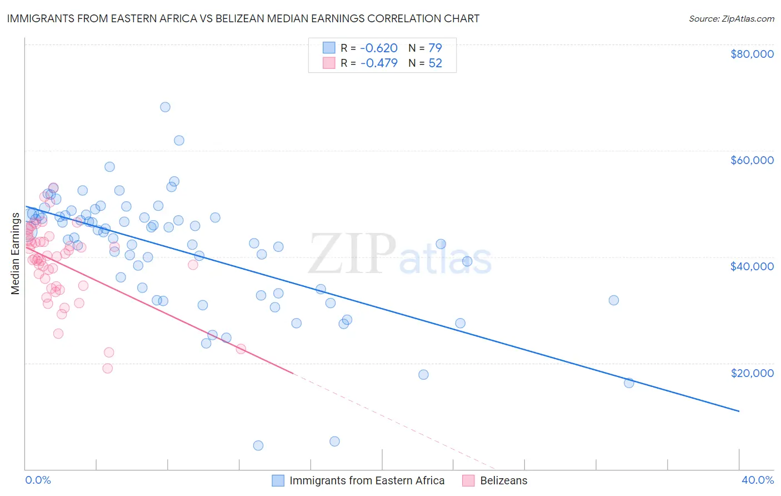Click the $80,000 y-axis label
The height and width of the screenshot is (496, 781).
[x=752, y=54]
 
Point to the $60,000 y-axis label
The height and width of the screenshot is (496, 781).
[x=752, y=160]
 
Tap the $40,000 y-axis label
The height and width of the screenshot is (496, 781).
[x=752, y=266]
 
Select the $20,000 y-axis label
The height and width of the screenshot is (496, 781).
[x=752, y=373]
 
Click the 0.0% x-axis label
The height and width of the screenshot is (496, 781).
[x=38, y=480]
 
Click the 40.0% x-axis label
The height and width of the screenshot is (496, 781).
[x=758, y=480]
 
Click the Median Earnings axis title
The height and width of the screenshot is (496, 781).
[x=16, y=253]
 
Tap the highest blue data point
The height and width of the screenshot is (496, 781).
[x=165, y=107]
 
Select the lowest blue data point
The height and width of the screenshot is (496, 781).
[x=258, y=445]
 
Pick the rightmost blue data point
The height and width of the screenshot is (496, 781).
[x=629, y=383]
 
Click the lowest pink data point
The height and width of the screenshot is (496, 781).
[x=108, y=368]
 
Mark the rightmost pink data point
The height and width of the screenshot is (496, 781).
[x=241, y=349]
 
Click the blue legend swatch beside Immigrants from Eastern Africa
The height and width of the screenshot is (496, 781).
[x=278, y=480]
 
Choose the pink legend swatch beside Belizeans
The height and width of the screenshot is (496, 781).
[x=468, y=480]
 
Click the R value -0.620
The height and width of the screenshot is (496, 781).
[x=379, y=48]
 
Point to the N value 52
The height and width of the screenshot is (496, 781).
[x=435, y=63]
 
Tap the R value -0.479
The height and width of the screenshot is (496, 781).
[x=379, y=63]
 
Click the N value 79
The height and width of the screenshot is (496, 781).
[x=435, y=48]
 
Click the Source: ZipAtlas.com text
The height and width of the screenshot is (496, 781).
[x=731, y=19]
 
